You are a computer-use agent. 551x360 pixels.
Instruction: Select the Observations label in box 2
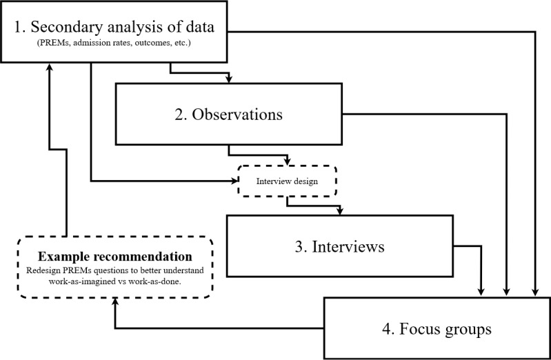click(237, 114)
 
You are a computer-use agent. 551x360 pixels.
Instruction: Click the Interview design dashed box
click(287, 181)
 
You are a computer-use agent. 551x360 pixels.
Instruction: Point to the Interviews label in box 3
click(348, 246)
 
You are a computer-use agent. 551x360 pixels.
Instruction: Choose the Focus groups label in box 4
click(445, 329)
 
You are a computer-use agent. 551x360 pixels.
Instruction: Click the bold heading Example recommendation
click(115, 257)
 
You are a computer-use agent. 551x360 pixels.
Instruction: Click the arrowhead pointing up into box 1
click(50, 67)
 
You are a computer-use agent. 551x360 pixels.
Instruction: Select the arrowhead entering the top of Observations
click(229, 79)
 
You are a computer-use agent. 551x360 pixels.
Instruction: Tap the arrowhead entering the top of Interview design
click(288, 161)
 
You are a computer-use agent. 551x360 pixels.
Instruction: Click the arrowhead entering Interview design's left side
click(234, 181)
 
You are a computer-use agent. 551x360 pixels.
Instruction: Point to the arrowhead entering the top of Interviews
click(339, 211)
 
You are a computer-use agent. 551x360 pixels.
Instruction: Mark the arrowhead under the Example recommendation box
click(115, 302)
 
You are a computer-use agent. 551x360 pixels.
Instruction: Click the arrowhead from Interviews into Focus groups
click(481, 292)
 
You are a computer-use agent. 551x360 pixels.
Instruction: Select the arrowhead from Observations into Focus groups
click(506, 292)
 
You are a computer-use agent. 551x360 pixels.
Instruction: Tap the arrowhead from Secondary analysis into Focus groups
click(535, 292)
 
